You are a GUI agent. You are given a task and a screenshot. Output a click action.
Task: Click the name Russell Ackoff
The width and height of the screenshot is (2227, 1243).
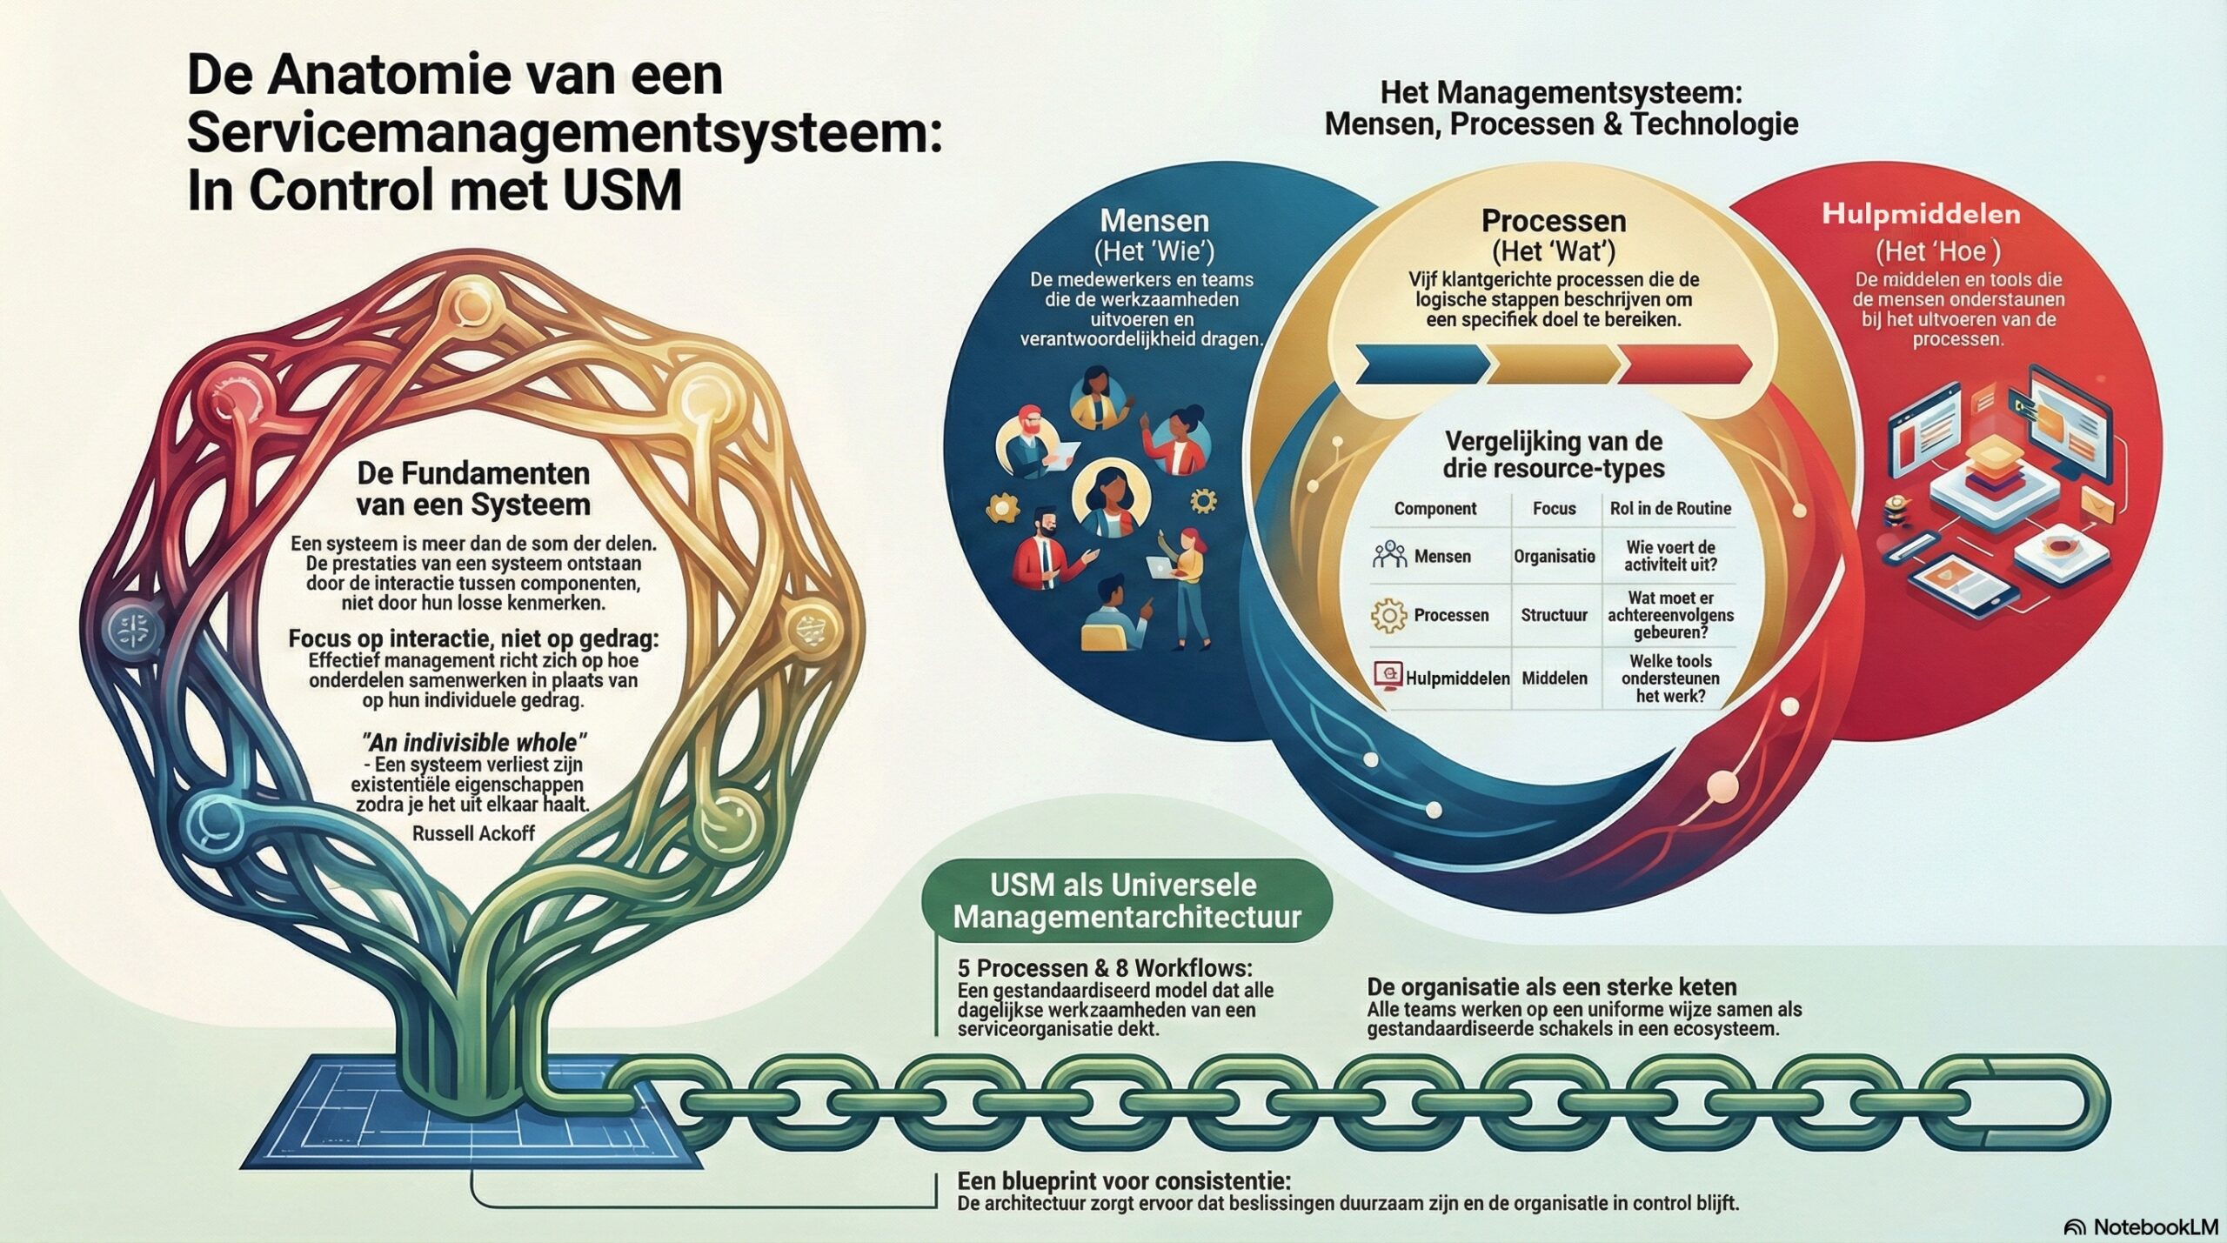click(x=473, y=833)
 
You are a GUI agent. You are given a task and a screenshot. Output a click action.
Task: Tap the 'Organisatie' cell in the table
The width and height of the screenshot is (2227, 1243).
click(x=1554, y=556)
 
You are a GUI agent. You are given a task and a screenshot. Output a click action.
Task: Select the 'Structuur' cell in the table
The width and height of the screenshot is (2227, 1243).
click(x=1554, y=615)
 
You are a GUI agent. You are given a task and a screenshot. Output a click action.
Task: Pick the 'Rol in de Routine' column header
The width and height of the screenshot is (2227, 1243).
click(x=1670, y=509)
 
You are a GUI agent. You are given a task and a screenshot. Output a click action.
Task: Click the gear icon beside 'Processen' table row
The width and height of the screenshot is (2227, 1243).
click(x=1388, y=615)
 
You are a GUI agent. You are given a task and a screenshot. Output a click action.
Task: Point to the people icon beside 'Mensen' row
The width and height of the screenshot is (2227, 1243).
click(x=1389, y=555)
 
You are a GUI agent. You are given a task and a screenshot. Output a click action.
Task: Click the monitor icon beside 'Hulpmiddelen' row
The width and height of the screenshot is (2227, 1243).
click(x=1388, y=676)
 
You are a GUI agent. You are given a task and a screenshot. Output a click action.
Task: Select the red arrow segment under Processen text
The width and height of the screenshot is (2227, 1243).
click(x=1684, y=364)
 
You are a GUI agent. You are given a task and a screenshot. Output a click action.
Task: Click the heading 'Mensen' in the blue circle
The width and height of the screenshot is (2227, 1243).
click(x=1154, y=220)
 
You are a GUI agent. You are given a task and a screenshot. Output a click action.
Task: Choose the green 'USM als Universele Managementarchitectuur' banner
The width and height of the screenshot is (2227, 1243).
click(x=1127, y=901)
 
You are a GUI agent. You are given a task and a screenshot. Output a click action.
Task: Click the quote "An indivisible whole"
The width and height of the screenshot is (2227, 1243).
click(x=473, y=742)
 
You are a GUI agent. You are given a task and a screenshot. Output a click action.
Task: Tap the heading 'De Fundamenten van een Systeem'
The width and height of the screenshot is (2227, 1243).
click(x=473, y=489)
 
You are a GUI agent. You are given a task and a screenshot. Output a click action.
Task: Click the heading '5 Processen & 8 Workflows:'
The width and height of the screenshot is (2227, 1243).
click(x=1105, y=968)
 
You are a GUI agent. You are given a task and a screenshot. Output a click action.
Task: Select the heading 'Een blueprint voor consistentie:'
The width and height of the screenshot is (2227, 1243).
click(x=1123, y=1180)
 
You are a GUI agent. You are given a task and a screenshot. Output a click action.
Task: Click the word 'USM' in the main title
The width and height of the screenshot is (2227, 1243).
click(x=621, y=191)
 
